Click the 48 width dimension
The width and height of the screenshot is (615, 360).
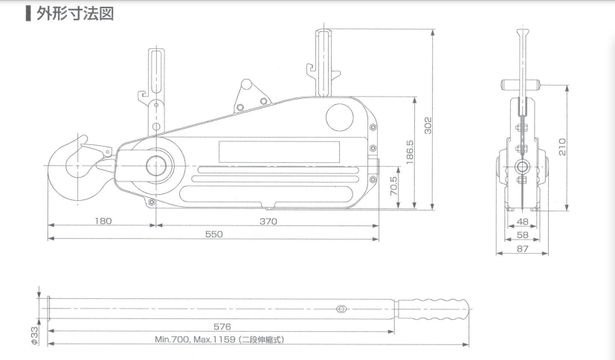(x=522, y=222)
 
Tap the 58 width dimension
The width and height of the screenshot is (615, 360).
(x=522, y=235)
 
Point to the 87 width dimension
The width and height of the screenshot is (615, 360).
(x=522, y=249)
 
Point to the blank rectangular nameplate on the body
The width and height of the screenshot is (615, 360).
(x=279, y=153)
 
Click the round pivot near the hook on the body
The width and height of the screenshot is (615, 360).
(x=158, y=165)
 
